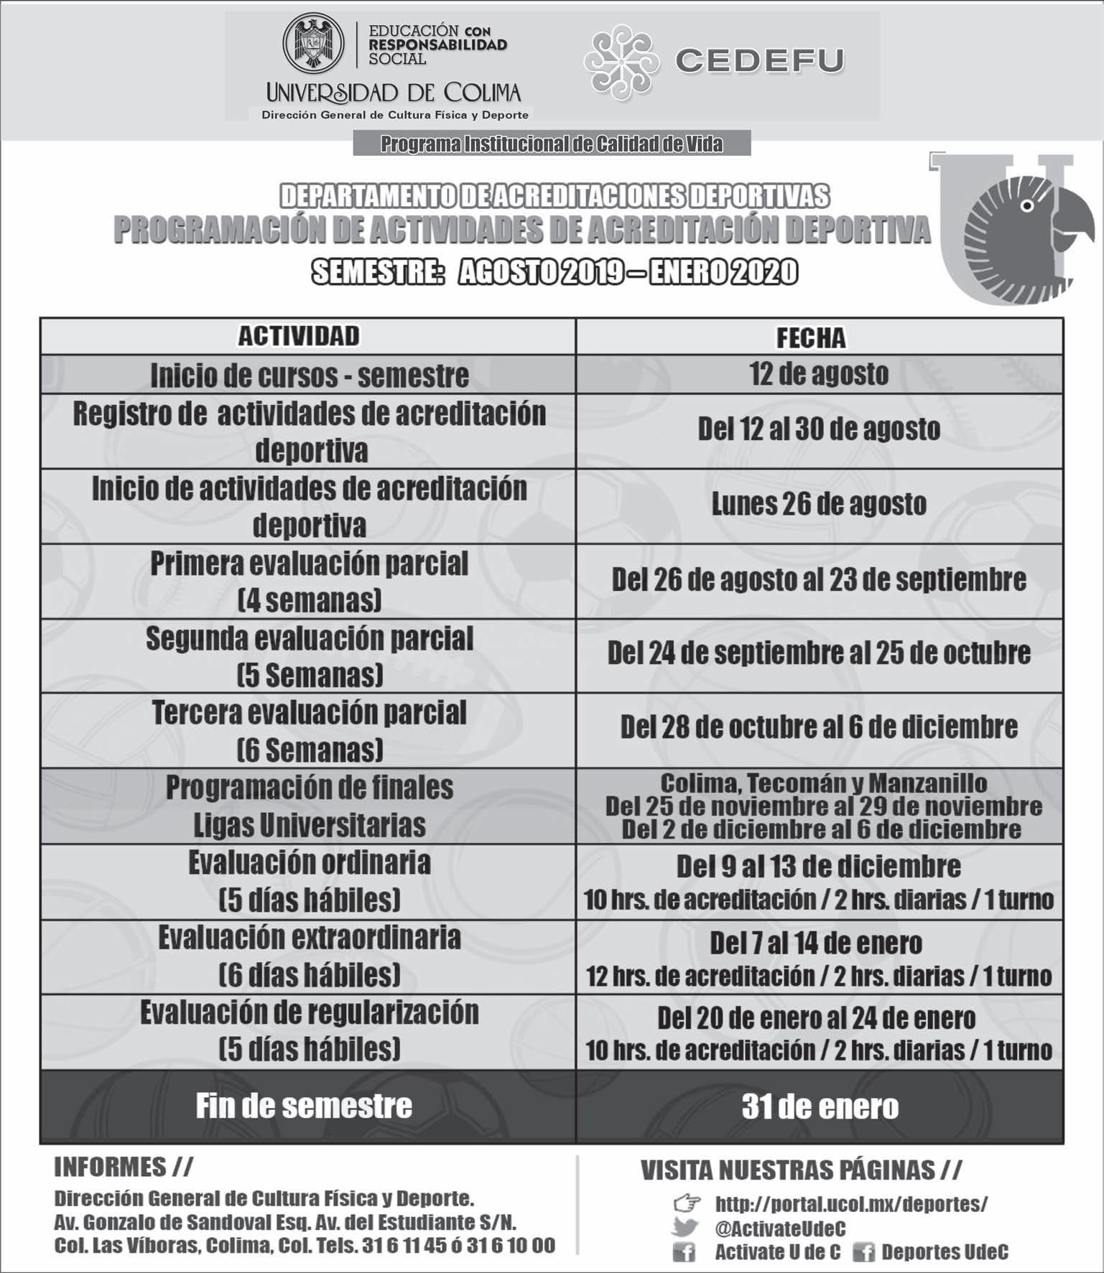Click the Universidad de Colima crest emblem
click(x=313, y=43)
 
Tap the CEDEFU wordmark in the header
click(x=759, y=61)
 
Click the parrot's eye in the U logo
click(x=1028, y=206)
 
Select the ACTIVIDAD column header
click(x=299, y=336)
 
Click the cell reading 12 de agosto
click(x=819, y=374)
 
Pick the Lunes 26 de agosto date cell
click(x=819, y=504)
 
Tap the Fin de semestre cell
click(x=304, y=1106)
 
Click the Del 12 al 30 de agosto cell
click(x=819, y=429)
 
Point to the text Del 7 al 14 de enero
click(x=816, y=943)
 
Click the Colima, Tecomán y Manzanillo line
click(x=823, y=783)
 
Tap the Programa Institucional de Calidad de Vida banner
click(x=552, y=144)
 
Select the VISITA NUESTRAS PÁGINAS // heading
click(x=801, y=1171)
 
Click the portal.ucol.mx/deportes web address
click(x=851, y=1204)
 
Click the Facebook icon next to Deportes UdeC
click(x=863, y=1253)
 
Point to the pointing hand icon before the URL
click(x=687, y=1203)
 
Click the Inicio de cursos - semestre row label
click(x=309, y=375)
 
